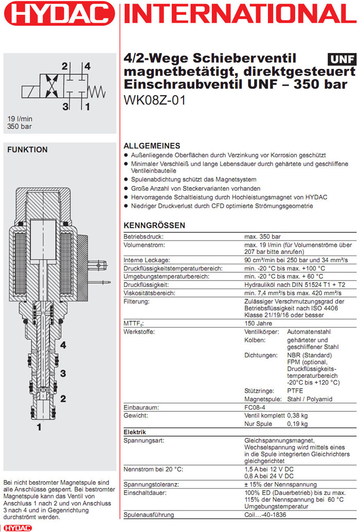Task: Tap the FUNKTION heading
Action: (x=27, y=150)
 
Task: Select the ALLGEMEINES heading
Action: (x=152, y=146)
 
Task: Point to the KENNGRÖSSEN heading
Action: (x=154, y=226)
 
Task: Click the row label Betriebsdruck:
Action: (x=143, y=237)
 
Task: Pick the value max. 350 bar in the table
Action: (x=262, y=237)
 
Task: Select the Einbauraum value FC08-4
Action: (x=255, y=407)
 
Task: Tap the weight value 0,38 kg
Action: (x=297, y=415)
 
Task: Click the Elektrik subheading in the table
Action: (x=135, y=432)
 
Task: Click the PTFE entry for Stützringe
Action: (x=295, y=391)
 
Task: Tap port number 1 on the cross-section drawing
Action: (x=39, y=427)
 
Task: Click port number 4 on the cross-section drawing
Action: (x=63, y=345)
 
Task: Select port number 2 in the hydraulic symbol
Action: (x=65, y=66)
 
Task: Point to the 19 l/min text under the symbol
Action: (x=20, y=118)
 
